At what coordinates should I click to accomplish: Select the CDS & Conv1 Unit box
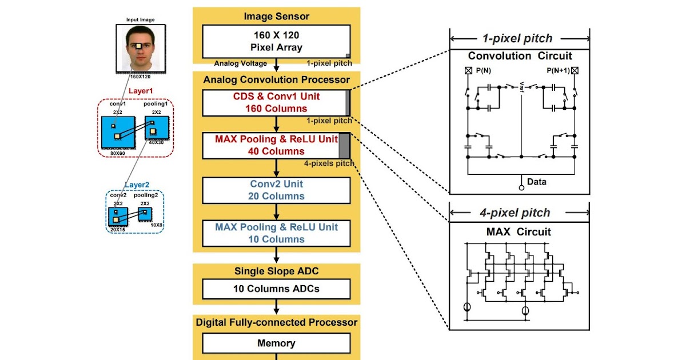(x=276, y=102)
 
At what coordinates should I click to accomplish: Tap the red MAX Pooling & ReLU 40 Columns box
(x=276, y=145)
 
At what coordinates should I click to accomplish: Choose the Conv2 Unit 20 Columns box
(x=277, y=190)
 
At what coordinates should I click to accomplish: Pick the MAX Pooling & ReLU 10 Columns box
(x=277, y=233)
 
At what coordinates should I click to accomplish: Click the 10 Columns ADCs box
(x=277, y=289)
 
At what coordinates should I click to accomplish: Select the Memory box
(x=277, y=343)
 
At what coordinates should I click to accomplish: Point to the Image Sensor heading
(x=277, y=17)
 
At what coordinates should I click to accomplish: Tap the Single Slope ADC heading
(x=277, y=271)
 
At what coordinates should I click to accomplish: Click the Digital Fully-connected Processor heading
(x=277, y=322)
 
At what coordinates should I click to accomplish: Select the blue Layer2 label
(x=137, y=185)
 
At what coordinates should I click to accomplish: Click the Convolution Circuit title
(x=520, y=56)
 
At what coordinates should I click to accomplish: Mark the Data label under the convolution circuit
(x=536, y=182)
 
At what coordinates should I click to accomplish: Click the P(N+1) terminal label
(x=557, y=71)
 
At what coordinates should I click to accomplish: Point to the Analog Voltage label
(x=241, y=63)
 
